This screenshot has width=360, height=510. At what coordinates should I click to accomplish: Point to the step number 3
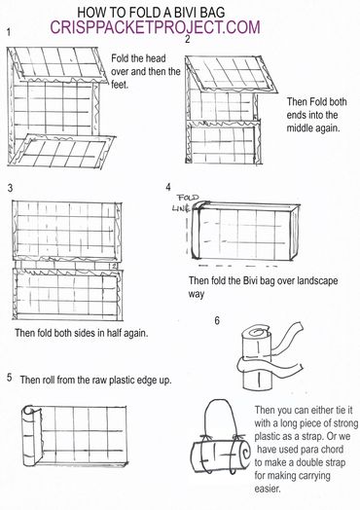[x=10, y=188]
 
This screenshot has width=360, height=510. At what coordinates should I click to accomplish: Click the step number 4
[x=168, y=187]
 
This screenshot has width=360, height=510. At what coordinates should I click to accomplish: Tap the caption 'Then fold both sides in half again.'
[x=82, y=333]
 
